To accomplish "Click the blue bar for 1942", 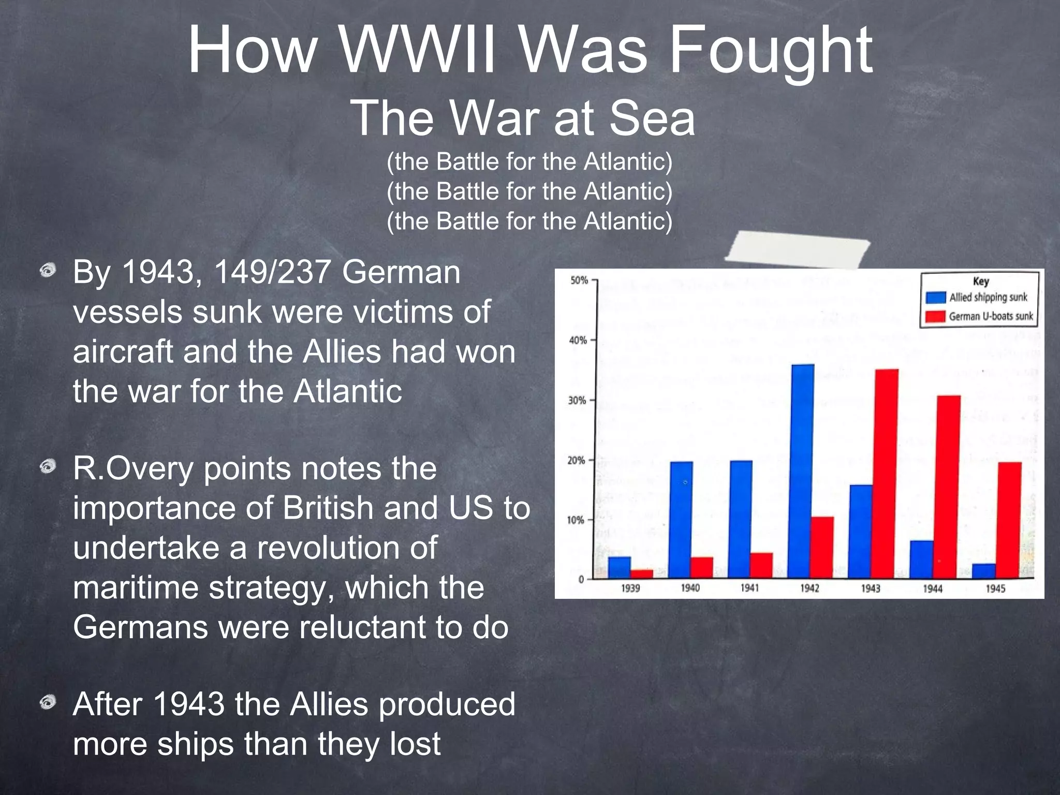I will coord(802,471).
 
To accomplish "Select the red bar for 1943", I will coord(887,474).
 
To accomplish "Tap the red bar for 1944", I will coord(949,487).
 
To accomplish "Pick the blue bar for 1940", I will coord(681,520).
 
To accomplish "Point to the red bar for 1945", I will coord(1010,520).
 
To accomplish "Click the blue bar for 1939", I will coord(620,567).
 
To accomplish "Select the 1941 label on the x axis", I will coord(749,588).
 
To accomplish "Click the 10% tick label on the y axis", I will coord(576,520).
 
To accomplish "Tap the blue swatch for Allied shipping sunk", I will coord(936,298).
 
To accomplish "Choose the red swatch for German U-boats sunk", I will coord(936,316).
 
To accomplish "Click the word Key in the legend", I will coord(981,281).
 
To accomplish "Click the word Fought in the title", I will coord(771,51).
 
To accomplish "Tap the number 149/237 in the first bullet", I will coord(272,272).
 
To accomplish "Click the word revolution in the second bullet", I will coord(347,548).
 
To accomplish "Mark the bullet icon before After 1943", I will coord(48,702).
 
